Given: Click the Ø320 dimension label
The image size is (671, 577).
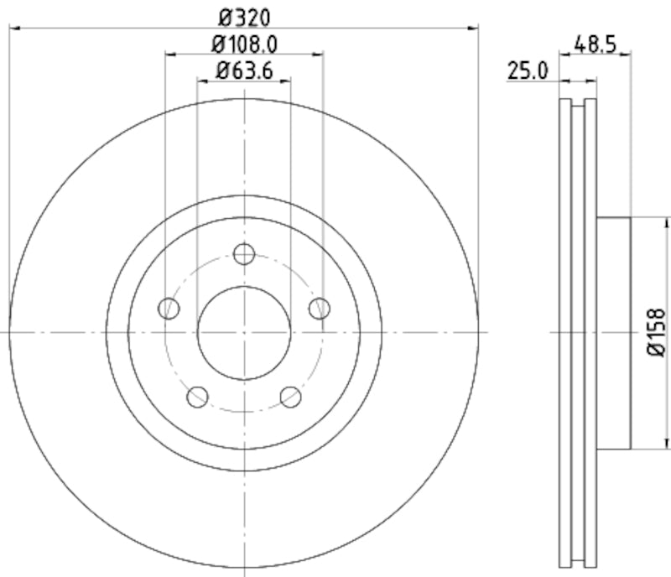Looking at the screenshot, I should (244, 16).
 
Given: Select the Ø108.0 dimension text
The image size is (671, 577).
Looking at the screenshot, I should (244, 43).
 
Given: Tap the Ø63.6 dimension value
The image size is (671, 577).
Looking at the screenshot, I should (244, 70).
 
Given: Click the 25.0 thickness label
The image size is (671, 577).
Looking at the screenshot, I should (528, 70).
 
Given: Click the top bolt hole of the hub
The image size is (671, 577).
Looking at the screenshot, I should (244, 253).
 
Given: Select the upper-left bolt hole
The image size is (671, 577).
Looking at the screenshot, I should (169, 309).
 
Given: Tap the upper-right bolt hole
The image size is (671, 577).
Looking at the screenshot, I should (320, 309).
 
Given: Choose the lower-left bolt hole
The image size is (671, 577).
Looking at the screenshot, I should (197, 397).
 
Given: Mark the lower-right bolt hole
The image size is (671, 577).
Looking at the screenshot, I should (291, 397).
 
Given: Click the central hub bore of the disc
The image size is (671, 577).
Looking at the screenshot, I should (244, 333).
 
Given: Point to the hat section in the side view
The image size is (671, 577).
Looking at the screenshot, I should (613, 333).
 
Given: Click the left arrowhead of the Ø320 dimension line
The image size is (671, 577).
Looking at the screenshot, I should (14, 29).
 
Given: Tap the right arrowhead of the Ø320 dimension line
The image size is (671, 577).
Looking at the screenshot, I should (474, 29).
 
